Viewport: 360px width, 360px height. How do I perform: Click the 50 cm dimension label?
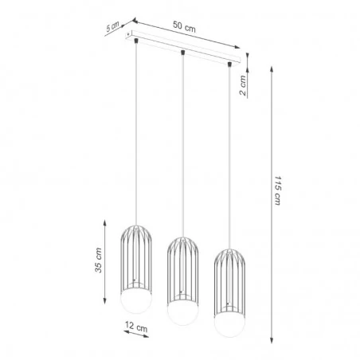(185, 26)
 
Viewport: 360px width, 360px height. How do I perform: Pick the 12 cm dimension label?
(137, 327)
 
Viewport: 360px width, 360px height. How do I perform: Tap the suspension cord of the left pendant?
(137, 135)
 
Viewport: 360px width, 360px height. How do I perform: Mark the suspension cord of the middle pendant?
(183, 143)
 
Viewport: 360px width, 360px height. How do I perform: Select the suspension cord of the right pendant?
(231, 151)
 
